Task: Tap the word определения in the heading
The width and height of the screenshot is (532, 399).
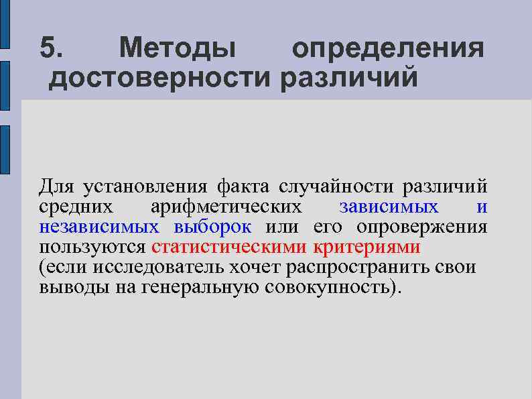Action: click(x=387, y=49)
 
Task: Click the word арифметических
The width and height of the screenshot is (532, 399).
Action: click(x=226, y=207)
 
